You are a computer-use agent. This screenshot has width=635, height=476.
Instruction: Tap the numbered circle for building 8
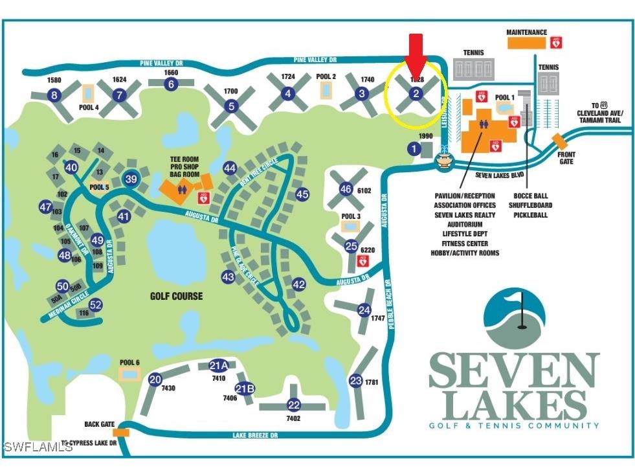[x=54, y=96]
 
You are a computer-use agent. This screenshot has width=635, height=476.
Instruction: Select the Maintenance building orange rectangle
[x=526, y=43]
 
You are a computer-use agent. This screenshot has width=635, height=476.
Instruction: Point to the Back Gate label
[x=99, y=424]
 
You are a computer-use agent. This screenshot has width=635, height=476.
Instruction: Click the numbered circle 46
[x=346, y=188]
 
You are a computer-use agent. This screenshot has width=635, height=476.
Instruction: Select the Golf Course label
[x=176, y=296]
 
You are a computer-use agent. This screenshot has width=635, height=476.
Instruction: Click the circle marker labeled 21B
[x=244, y=389]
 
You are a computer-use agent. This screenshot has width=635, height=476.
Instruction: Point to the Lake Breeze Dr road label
[x=256, y=436]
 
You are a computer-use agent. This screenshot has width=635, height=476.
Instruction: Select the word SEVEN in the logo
[x=514, y=370]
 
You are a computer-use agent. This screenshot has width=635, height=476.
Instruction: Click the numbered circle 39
[x=131, y=179]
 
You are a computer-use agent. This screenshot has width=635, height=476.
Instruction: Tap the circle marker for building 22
[x=294, y=405]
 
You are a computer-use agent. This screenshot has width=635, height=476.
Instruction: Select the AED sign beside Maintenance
[x=556, y=42]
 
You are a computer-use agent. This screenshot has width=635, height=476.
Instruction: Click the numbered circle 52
[x=96, y=304]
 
